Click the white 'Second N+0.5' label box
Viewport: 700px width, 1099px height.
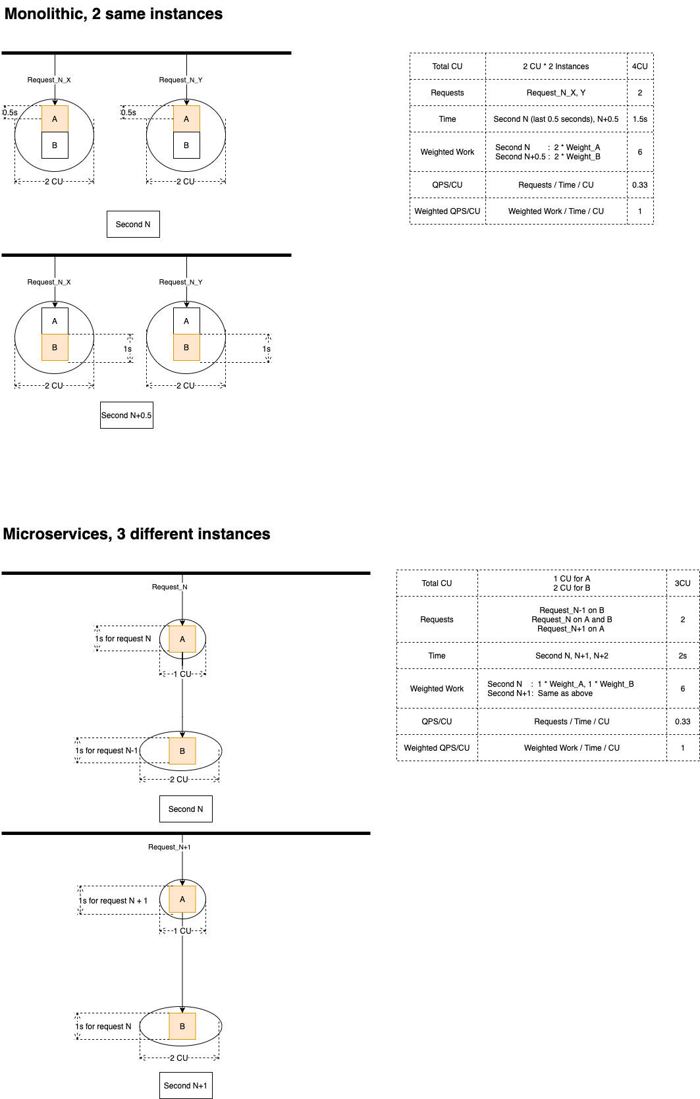126,415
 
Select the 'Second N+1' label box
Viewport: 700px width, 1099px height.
186,1086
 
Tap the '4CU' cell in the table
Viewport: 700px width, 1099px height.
639,67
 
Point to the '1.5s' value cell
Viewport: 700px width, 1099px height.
639,119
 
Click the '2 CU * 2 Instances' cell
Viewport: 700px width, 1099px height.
556,67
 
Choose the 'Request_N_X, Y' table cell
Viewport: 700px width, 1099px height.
556,93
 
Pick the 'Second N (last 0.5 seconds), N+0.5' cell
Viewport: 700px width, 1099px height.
556,119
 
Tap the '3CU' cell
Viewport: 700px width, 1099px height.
682,583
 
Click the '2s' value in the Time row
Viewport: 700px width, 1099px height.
682,656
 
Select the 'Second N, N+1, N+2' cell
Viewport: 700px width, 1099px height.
572,656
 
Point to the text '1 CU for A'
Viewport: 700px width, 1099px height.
572,579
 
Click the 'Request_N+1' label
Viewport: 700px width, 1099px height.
169,847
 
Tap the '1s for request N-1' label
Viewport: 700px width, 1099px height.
107,751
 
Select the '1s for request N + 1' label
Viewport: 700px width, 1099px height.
113,901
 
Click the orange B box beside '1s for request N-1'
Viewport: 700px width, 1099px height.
182,751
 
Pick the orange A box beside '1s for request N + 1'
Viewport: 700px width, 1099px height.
182,899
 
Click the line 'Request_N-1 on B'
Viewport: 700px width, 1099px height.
572,610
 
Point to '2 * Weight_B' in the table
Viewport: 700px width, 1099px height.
577,157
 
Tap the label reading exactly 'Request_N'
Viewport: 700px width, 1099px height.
169,587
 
